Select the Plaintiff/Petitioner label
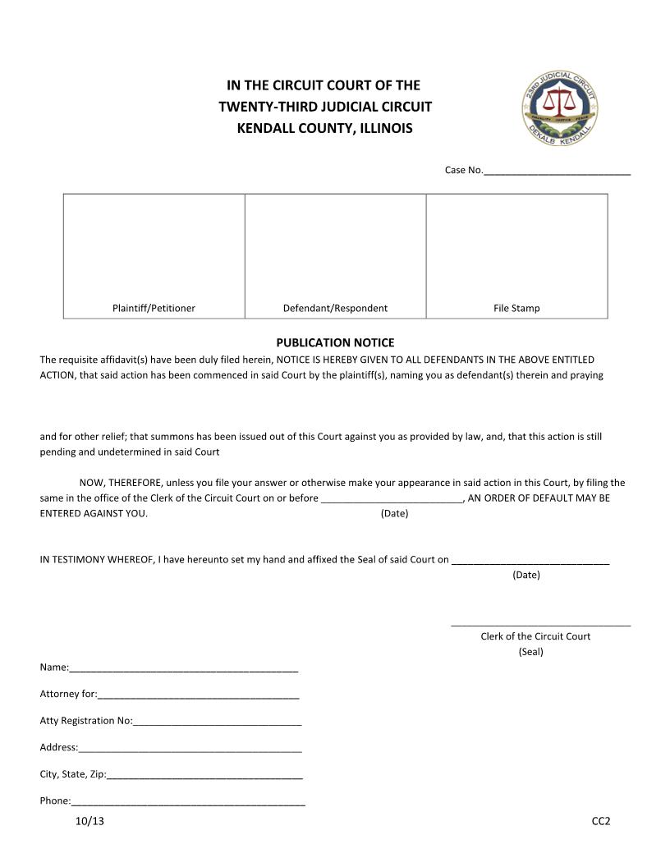tap(154, 309)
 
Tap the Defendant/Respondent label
tap(335, 309)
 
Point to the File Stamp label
tap(516, 309)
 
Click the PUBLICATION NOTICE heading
tap(335, 342)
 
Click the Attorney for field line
tap(198, 696)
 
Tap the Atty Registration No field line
tap(217, 722)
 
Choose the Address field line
tap(190, 750)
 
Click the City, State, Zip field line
tap(204, 776)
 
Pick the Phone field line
tap(188, 803)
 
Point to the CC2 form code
tap(601, 821)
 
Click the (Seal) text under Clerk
tap(531, 652)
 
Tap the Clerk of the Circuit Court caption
tap(535, 636)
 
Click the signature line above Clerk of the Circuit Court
tap(540, 626)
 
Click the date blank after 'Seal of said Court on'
tap(530, 562)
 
